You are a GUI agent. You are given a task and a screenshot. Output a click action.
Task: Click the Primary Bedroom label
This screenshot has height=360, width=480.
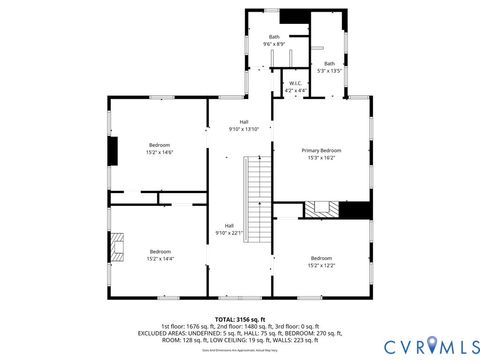tap(322, 150)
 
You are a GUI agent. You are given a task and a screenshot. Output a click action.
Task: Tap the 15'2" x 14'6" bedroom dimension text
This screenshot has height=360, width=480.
tap(160, 152)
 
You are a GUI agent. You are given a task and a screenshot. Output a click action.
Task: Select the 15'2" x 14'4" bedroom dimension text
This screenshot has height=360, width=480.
tap(160, 258)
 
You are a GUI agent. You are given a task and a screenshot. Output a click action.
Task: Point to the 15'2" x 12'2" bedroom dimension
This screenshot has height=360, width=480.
tap(322, 265)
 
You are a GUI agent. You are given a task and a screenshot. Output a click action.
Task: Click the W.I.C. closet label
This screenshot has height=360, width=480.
tap(295, 84)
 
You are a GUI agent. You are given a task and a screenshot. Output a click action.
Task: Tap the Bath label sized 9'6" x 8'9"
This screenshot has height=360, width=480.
tap(274, 37)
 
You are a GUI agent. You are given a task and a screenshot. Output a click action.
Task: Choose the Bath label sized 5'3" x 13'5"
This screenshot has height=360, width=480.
tap(329, 64)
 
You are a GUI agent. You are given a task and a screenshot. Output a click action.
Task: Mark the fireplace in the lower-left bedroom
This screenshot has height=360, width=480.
tap(118, 246)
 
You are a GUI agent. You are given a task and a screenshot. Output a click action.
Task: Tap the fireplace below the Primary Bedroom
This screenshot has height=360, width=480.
tap(321, 209)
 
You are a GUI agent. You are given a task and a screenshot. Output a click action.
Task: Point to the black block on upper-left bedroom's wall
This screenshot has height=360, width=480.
tap(114, 149)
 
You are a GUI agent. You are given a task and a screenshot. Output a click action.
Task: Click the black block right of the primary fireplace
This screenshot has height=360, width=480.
tap(355, 209)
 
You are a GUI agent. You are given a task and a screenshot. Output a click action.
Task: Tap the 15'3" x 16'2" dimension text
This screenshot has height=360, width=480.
tap(322, 157)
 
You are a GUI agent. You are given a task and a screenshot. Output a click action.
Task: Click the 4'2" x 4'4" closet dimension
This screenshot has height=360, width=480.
tap(295, 91)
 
